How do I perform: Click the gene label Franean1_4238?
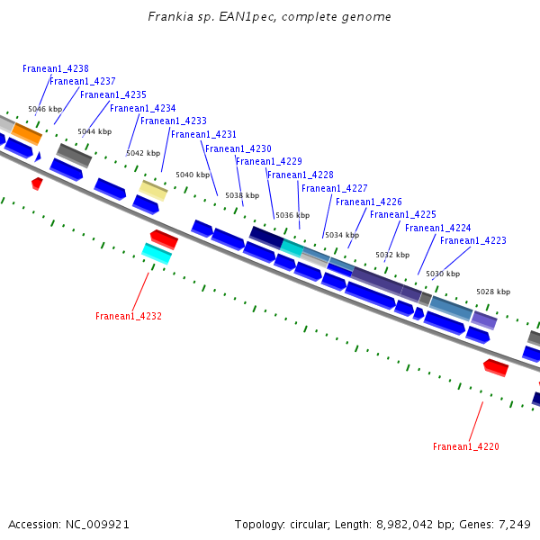click(56, 68)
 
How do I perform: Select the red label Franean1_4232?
click(129, 317)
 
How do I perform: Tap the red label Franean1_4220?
click(465, 447)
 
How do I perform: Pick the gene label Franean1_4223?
click(473, 241)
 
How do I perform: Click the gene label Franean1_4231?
click(204, 135)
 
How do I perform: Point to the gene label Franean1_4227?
click(335, 189)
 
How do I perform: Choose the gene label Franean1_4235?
click(113, 95)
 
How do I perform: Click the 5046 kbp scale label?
click(45, 109)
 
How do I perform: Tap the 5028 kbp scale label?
click(493, 292)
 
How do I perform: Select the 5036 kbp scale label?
click(292, 215)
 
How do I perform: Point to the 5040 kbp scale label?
click(193, 175)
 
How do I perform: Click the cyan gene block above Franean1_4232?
click(157, 254)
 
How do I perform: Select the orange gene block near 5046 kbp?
click(26, 134)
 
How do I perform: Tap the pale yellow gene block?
click(154, 190)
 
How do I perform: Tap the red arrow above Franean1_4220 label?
click(496, 366)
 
